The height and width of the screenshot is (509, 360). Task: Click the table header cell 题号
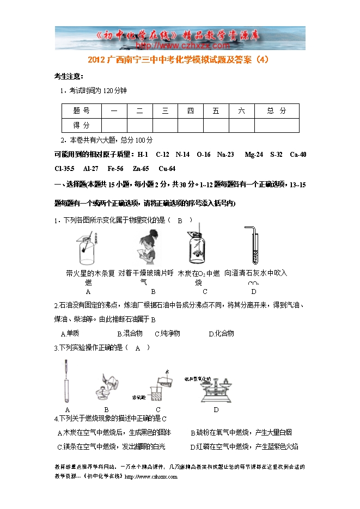tap(81, 111)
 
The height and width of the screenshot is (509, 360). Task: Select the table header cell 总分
tap(276, 111)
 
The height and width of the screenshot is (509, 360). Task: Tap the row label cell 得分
tap(81, 125)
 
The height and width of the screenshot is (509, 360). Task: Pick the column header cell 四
tap(190, 111)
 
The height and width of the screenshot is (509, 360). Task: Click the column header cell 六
tap(242, 111)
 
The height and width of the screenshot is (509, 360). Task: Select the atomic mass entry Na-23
tap(225, 155)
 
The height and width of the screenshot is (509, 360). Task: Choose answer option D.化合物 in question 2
tap(221, 333)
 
